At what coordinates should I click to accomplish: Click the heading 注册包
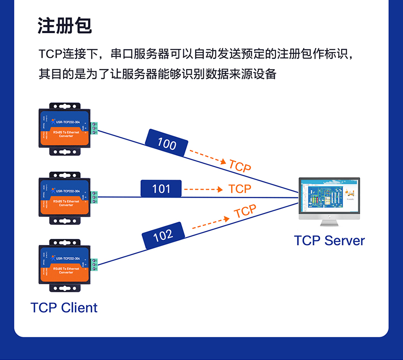[x=64, y=26]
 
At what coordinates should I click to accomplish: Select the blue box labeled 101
[x=161, y=189]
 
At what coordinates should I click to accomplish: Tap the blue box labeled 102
[x=163, y=235]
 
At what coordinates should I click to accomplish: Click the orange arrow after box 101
[x=203, y=189]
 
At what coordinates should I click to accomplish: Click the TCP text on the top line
[x=240, y=166]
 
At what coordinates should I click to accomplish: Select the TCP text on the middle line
[x=240, y=189]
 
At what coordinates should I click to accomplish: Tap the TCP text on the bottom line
[x=245, y=212]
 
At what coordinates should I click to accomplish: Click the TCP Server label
[x=329, y=240]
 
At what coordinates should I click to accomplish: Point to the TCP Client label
[x=64, y=308]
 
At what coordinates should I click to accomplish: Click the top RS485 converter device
[x=64, y=129]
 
